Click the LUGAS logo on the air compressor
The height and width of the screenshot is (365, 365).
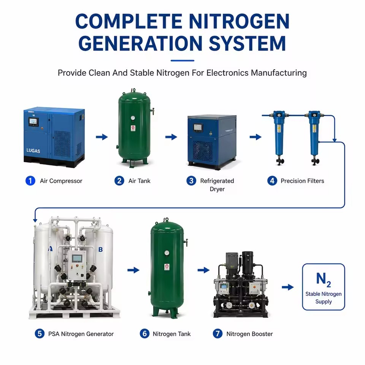click(33, 151)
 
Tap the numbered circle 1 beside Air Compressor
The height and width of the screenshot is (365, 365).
click(30, 181)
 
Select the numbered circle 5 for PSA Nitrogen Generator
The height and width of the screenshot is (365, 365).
click(40, 333)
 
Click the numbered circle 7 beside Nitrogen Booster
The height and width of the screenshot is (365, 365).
click(217, 333)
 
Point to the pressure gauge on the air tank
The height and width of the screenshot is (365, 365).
click(133, 118)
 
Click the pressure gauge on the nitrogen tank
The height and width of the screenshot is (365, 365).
click(167, 253)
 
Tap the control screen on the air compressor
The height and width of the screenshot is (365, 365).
click(33, 121)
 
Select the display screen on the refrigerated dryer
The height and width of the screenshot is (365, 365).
click(198, 127)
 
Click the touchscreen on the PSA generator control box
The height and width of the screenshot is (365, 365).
click(76, 258)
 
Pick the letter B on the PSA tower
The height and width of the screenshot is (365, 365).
click(100, 249)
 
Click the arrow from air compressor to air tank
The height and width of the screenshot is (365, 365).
click(102, 137)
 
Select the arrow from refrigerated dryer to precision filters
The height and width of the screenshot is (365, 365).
click(255, 137)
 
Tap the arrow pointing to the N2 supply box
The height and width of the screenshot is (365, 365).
click(288, 287)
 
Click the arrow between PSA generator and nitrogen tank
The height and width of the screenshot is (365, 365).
click(133, 270)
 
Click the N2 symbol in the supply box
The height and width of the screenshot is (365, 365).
click(323, 280)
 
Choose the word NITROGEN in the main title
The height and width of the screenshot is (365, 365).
click(239, 21)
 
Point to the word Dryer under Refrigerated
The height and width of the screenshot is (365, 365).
click(217, 189)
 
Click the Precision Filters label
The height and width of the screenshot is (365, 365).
click(302, 181)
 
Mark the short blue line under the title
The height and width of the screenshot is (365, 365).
click(182, 60)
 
